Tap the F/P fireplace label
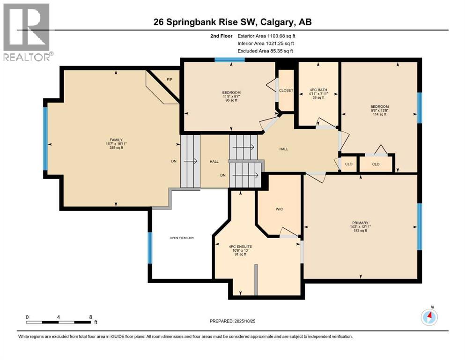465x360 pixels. tap(170, 80)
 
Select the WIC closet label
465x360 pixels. tap(279, 209)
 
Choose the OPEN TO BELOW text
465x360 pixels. tap(182, 238)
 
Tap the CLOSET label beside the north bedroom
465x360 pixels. tap(286, 90)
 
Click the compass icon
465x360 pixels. tap(429, 317)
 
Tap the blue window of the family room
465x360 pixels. tap(45, 138)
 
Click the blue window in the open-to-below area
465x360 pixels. tap(150, 247)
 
